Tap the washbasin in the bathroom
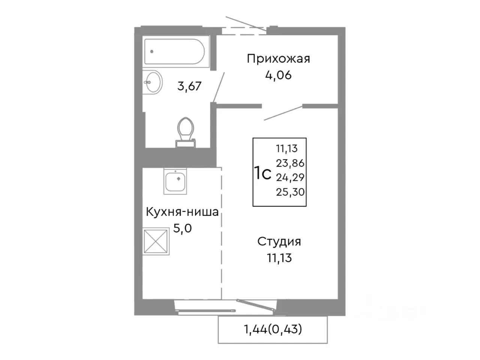click(153, 82)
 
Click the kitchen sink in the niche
click(175, 181)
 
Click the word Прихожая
click(278, 59)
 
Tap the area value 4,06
click(278, 75)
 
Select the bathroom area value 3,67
click(189, 86)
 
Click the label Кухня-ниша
click(182, 212)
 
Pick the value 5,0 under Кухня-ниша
click(182, 228)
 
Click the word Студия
click(279, 241)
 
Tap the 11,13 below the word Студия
click(279, 258)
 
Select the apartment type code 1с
click(262, 173)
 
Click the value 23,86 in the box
click(290, 163)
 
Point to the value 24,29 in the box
click(290, 177)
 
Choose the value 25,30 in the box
click(290, 192)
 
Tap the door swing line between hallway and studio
click(283, 113)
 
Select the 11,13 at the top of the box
click(287, 149)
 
